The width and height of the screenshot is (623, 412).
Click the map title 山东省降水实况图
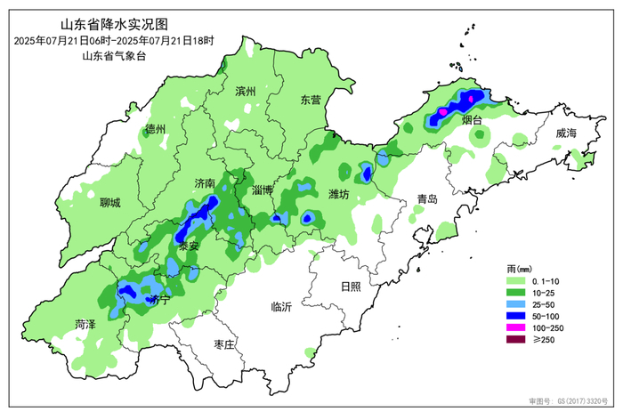click(x=113, y=24)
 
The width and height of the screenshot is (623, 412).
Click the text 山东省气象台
click(x=113, y=56)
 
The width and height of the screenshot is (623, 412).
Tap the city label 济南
click(x=205, y=182)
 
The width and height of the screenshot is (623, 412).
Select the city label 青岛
click(x=428, y=199)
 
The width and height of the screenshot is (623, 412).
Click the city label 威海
click(x=566, y=133)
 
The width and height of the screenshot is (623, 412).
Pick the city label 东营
click(x=311, y=100)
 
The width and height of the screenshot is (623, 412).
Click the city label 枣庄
click(x=225, y=344)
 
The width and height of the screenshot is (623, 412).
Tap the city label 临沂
click(x=281, y=307)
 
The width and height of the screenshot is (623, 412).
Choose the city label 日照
click(x=352, y=286)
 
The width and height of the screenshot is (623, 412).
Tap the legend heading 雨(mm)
click(x=519, y=268)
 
